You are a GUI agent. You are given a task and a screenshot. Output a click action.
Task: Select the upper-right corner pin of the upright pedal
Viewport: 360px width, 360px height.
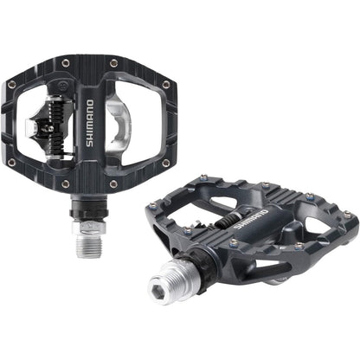165,84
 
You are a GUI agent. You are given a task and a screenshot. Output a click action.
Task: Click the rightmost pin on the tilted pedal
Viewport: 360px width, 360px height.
348,214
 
